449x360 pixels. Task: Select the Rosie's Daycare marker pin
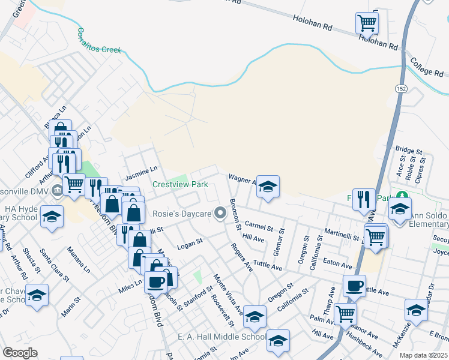(221, 212)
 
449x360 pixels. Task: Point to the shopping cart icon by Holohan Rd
(367, 23)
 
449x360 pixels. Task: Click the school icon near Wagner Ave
(268, 187)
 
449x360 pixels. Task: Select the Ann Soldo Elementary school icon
(399, 209)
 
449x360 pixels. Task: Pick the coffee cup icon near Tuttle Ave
(354, 286)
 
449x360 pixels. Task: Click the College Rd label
(427, 67)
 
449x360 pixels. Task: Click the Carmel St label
(259, 227)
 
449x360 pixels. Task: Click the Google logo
(20, 353)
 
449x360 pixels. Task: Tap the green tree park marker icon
(402, 196)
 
